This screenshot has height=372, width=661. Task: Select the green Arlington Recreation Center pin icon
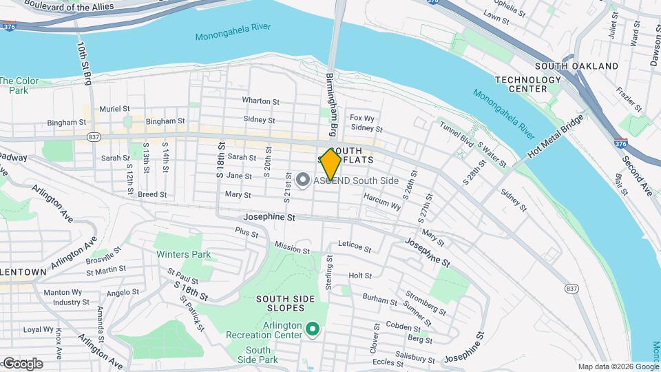312,330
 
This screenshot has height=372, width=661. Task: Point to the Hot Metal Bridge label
556,135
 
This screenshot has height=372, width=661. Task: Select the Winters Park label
182,254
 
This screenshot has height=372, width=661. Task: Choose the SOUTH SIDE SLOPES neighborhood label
285,305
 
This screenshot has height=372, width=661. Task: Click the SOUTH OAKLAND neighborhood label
576,65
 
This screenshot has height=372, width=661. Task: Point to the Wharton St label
260,101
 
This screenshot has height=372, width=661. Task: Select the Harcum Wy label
382,200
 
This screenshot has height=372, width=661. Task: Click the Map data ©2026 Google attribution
618,366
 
